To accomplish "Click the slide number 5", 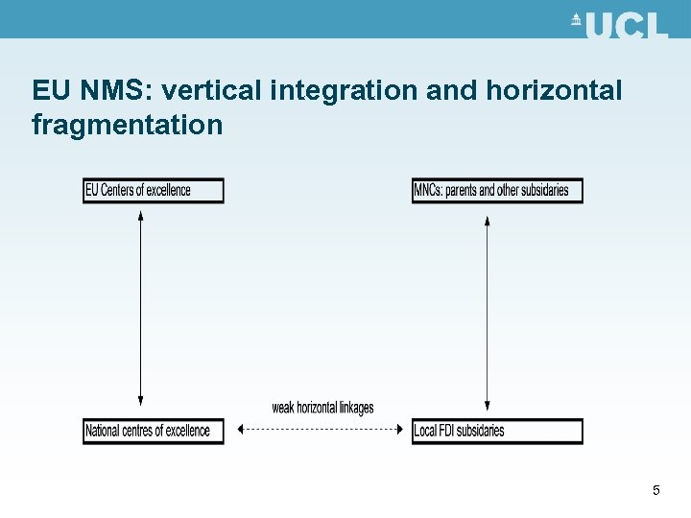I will pos(656,491).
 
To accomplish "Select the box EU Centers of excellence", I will pos(154,190).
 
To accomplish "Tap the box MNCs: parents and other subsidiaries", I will pos(497,190).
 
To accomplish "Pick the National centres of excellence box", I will pos(154,431).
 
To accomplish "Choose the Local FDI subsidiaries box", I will pos(497,431).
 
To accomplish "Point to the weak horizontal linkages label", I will pos(322,408).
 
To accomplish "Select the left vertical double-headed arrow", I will pos(141,307).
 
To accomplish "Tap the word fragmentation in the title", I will pos(127,125).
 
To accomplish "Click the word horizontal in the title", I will pos(554,91).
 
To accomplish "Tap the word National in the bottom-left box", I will pos(104,431).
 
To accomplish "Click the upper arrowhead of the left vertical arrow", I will pos(141,216).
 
